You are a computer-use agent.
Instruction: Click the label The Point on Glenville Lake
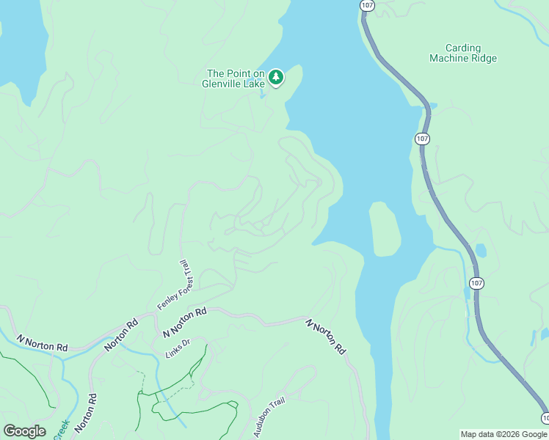(235, 78)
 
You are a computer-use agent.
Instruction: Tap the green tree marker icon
(276, 77)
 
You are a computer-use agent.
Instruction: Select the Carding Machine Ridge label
(463, 52)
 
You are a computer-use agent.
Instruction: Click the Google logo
(24, 431)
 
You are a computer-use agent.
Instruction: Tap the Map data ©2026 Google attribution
(504, 434)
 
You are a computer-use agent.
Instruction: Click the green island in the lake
(385, 230)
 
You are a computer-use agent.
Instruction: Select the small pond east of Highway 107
(481, 251)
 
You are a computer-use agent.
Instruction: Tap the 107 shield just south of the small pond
(476, 283)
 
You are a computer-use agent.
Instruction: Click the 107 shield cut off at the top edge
(366, 4)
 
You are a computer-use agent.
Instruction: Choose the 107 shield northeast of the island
(421, 139)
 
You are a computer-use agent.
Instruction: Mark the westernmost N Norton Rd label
(42, 342)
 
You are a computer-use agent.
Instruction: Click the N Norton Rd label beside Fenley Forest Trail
(184, 321)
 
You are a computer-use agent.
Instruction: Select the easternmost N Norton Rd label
(326, 337)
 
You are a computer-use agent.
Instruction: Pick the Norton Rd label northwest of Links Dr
(121, 334)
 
